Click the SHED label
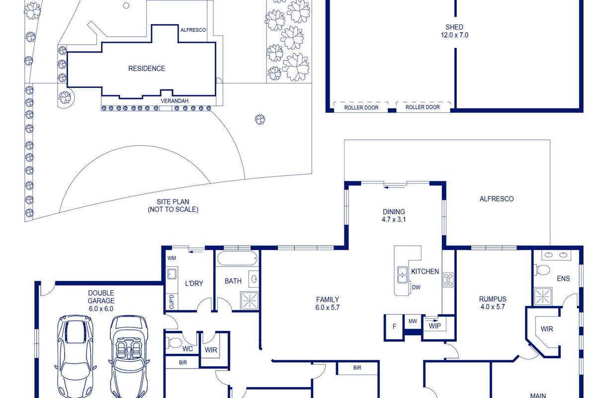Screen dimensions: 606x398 pos(454,27)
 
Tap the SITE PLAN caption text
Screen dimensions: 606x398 pos(173,205)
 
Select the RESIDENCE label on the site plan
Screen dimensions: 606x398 pos(147,69)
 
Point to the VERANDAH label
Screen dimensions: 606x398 pos(174,101)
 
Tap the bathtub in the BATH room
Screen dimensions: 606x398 pos(238,259)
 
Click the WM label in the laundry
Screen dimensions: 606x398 pos(172,258)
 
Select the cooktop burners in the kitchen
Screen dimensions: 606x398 pos(448,280)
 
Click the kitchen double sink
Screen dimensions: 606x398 pos(402,275)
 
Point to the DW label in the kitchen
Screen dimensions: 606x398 pos(416,287)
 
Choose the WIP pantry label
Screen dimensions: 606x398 pos(435,326)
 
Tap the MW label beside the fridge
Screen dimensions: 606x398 pos(413,321)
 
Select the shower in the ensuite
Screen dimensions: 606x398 pos(543,297)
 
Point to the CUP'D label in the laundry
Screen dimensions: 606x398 pos(172,301)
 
